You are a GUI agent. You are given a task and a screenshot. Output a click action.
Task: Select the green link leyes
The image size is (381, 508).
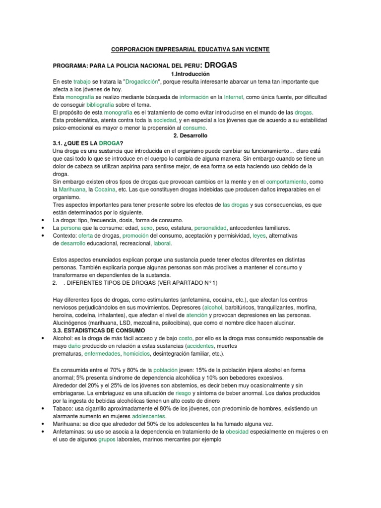pyautogui.click(x=259, y=236)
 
